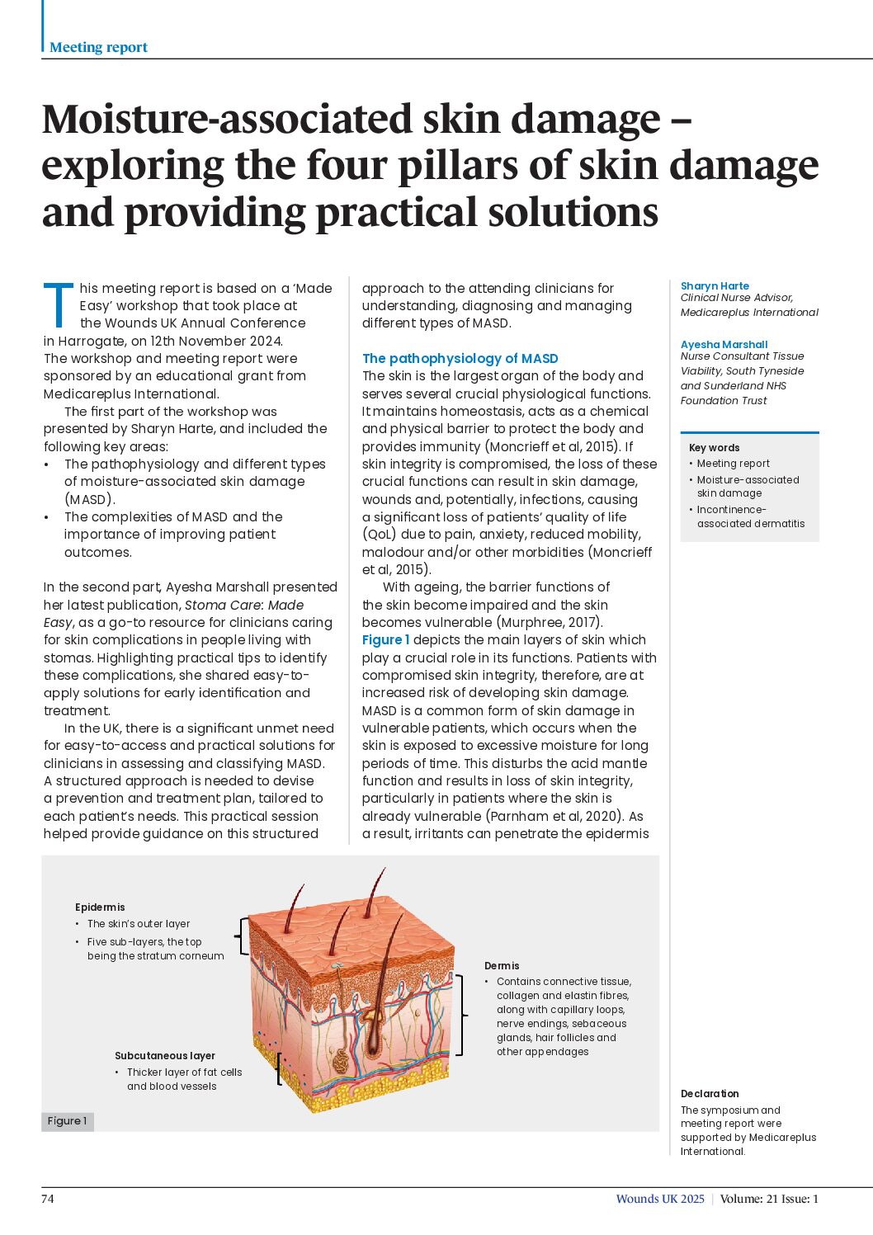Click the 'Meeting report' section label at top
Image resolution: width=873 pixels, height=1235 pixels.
98,48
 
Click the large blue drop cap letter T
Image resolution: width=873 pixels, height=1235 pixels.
58,304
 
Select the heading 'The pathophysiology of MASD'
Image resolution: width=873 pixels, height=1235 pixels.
460,358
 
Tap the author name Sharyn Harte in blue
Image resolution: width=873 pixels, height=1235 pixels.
715,285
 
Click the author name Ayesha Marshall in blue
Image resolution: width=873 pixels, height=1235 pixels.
724,344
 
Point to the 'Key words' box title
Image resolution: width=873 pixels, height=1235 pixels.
714,448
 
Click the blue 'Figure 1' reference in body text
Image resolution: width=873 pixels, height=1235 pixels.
385,639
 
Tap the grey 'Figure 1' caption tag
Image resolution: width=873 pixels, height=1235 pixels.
67,1121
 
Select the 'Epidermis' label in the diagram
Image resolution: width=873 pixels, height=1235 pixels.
100,907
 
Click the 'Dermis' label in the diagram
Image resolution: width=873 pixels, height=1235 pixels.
502,965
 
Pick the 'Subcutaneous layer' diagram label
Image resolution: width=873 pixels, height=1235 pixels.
164,1056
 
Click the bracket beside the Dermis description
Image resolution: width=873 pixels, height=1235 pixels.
460,1016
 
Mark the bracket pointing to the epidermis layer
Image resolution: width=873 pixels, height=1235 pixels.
242,936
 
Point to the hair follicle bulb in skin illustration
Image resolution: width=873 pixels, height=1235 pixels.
374,1048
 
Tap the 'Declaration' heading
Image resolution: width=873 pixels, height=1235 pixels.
710,1093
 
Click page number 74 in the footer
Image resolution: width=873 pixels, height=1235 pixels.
48,1199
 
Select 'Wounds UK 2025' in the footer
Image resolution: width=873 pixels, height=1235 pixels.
660,1199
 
